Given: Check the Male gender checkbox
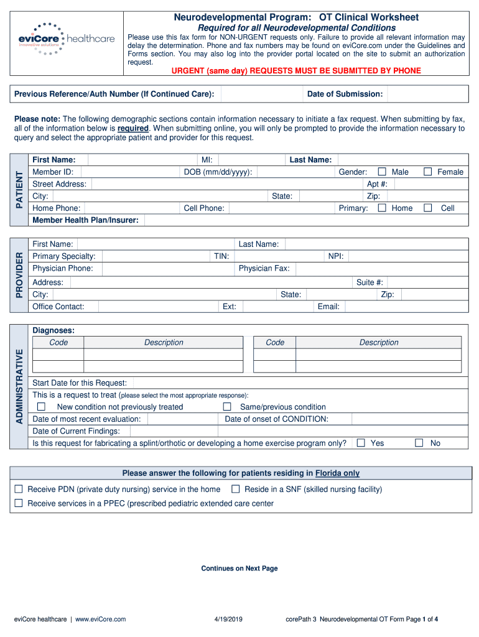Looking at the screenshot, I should (382, 172).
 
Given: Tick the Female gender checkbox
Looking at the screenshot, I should (428, 172).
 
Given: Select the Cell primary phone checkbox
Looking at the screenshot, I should (428, 208).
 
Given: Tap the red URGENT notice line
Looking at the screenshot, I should (296, 71).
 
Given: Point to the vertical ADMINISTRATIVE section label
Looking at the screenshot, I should (19, 386).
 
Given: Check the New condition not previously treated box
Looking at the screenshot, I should (42, 407).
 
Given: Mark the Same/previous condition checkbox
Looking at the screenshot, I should (227, 407).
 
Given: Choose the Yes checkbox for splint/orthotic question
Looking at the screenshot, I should (360, 443).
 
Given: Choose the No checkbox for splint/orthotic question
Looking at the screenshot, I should (419, 443).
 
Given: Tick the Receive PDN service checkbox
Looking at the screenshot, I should (19, 490).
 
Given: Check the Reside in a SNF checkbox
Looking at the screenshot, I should (235, 490).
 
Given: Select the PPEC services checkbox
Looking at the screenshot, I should (19, 503).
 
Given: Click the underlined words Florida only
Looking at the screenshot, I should (337, 473).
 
